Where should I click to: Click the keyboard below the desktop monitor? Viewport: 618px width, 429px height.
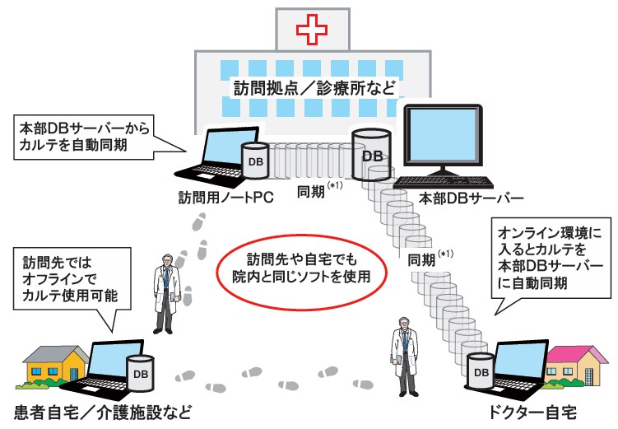tap(444, 182)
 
